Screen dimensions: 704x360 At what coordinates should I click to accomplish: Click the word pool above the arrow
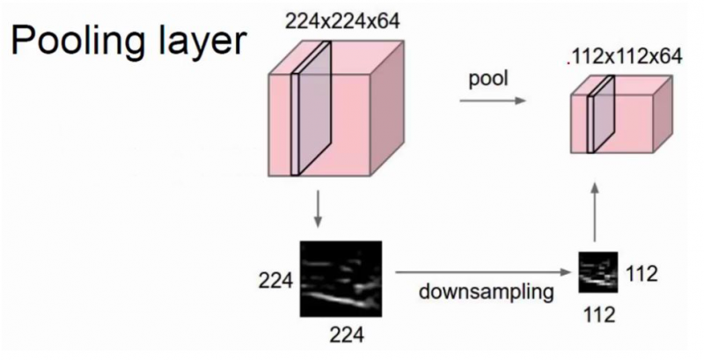click(488, 80)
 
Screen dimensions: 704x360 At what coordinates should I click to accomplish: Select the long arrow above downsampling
click(480, 274)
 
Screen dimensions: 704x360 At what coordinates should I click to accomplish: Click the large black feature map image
click(341, 279)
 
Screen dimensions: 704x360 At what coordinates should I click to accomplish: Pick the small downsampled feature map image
click(596, 273)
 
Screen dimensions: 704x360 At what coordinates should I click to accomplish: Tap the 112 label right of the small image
click(642, 274)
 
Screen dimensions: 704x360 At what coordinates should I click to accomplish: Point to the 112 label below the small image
click(598, 312)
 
